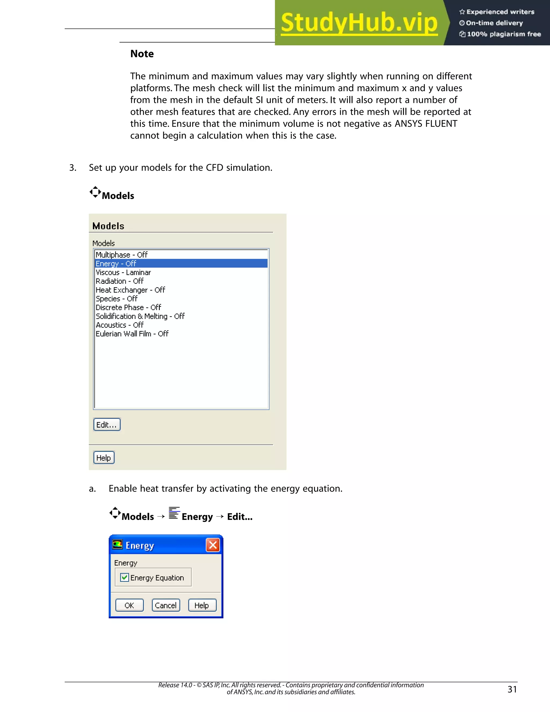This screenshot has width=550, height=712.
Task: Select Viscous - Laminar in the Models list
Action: pos(123,272)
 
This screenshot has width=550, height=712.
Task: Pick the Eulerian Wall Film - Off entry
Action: pos(132,333)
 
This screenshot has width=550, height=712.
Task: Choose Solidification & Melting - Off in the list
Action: pos(140,316)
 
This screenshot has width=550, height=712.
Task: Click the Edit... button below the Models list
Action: pos(107,425)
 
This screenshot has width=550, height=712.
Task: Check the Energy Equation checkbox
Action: pos(124,577)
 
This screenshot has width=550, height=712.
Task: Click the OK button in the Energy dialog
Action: pos(129,605)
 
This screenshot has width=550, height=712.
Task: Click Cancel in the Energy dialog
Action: pos(165,605)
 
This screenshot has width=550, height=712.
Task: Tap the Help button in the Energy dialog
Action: pos(202,605)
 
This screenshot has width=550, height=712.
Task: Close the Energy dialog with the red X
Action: pos(213,545)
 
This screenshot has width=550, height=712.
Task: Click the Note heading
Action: pos(142,54)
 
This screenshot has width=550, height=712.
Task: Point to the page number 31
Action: pos(512,689)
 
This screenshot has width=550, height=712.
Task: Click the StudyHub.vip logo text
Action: pos(359,23)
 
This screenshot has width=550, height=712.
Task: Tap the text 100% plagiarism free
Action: pos(504,34)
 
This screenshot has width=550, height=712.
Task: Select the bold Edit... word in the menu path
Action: pos(240,517)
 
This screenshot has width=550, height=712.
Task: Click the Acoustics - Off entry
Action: pos(120,325)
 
